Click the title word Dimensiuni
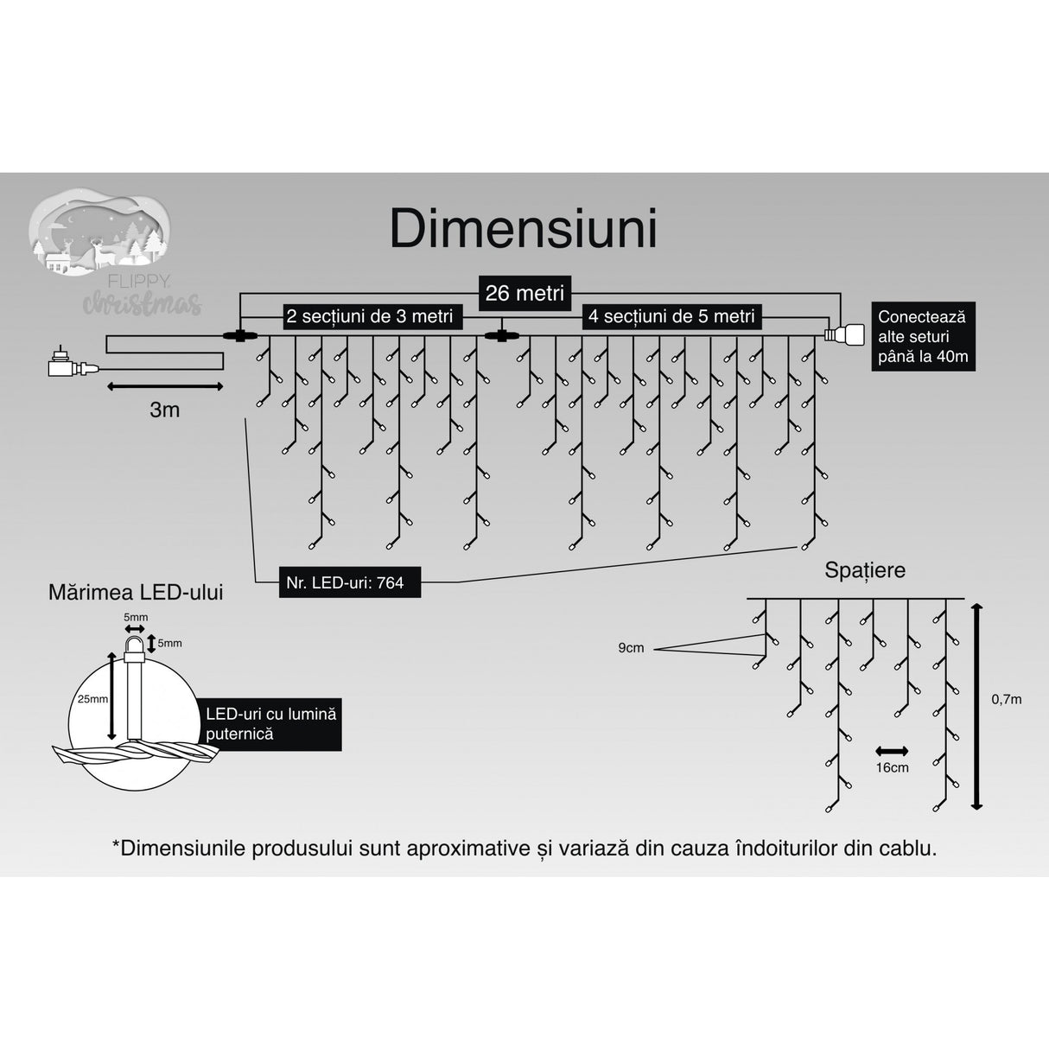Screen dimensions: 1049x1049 (x=524, y=229)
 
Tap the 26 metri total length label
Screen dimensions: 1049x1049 (x=524, y=293)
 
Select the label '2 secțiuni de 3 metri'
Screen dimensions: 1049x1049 (x=370, y=317)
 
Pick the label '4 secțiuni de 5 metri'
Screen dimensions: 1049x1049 (x=671, y=317)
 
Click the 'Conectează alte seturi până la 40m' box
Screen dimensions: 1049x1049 (x=922, y=336)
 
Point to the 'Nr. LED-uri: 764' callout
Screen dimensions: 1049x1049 (x=345, y=583)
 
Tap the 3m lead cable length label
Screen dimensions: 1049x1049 (x=164, y=410)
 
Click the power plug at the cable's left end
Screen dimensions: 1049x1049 (x=69, y=366)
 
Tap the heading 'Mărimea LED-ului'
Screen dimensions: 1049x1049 (x=136, y=592)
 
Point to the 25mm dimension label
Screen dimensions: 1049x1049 (x=92, y=698)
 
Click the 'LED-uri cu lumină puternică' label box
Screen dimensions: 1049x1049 (x=270, y=724)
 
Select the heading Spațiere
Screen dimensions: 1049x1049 (x=864, y=570)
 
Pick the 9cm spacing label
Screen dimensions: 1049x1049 (x=631, y=648)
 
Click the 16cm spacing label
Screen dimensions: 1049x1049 (x=892, y=767)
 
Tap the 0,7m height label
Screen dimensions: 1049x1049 (x=1006, y=699)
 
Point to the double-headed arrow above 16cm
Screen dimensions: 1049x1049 (x=892, y=750)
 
